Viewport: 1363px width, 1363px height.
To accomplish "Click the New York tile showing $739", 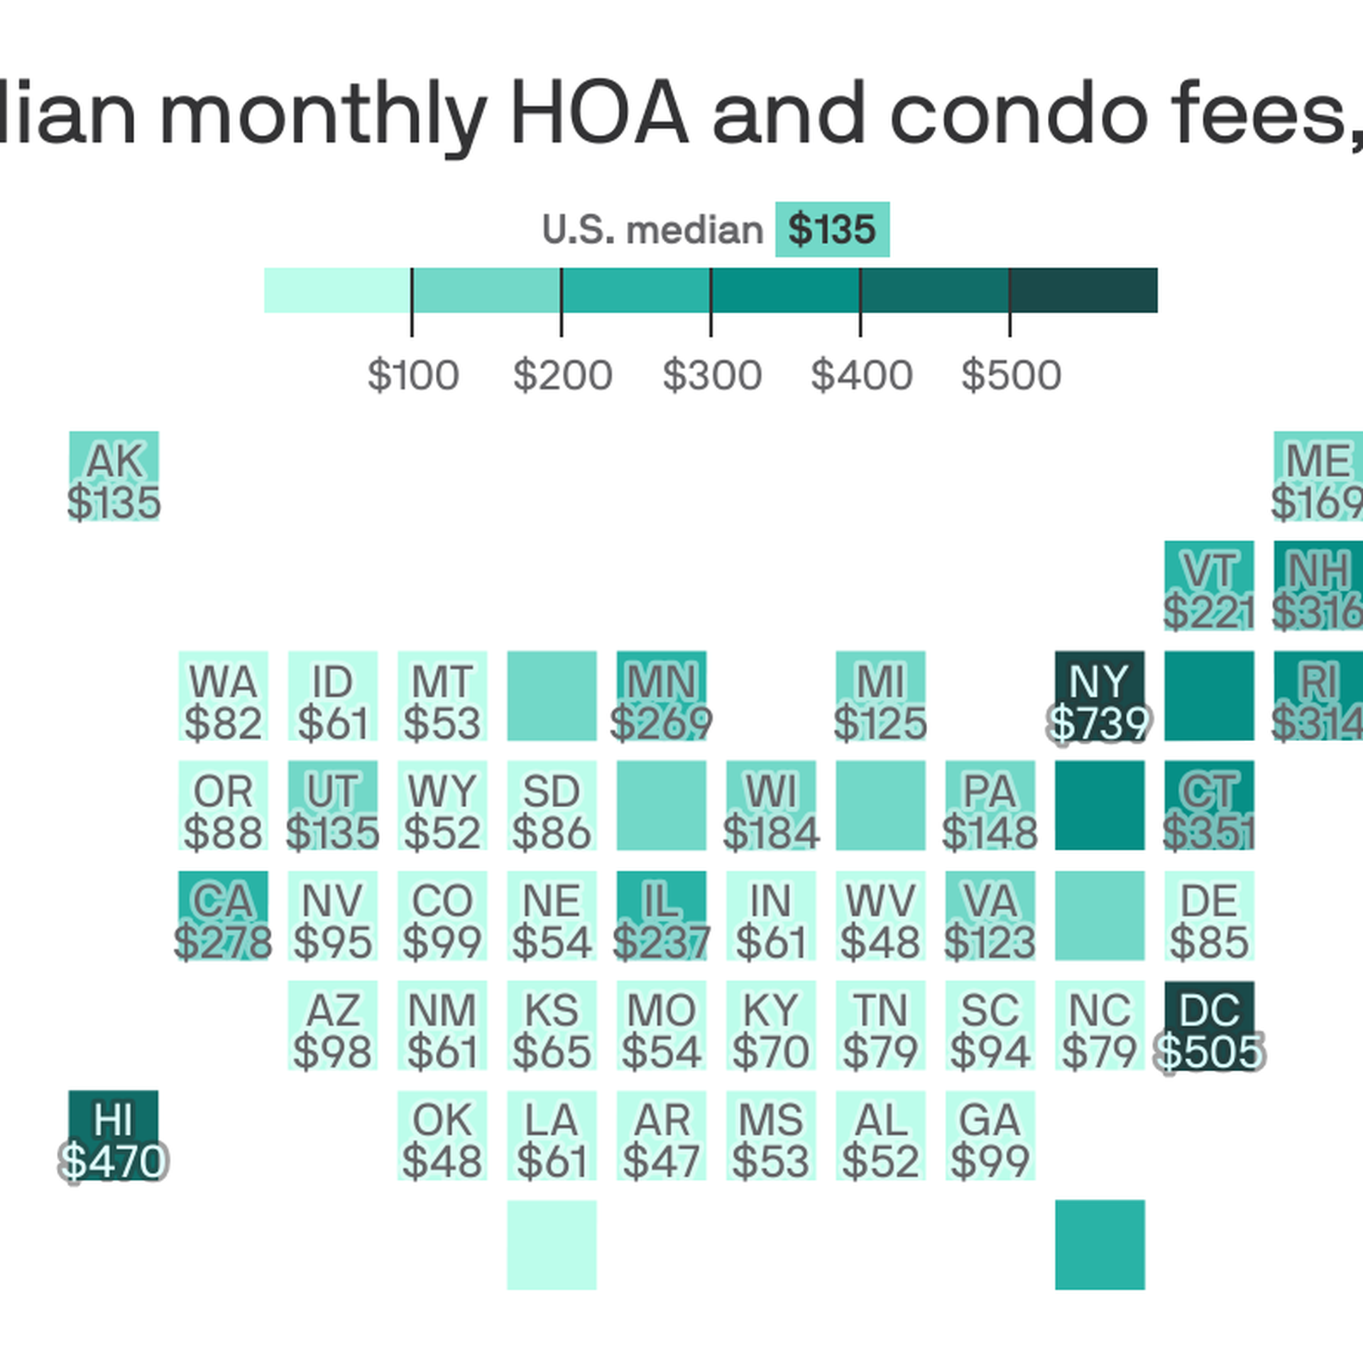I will [x=1099, y=696].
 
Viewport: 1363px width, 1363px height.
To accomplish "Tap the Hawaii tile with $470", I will [x=114, y=1134].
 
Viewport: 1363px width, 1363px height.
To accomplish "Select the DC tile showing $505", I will [x=1209, y=1025].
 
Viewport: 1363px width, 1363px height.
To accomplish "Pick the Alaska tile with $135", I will [x=114, y=476].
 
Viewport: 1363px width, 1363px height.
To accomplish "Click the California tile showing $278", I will [x=223, y=916].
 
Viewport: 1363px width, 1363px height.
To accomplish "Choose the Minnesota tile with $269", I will [x=661, y=696].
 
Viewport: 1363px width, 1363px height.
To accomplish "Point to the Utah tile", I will [x=332, y=806].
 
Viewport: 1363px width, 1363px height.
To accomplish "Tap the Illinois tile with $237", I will [x=661, y=916].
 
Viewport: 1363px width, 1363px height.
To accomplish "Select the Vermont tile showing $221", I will [x=1209, y=586].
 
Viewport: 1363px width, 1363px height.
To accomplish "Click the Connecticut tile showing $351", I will [x=1209, y=806].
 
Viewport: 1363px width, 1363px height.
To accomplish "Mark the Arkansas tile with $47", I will [x=661, y=1134].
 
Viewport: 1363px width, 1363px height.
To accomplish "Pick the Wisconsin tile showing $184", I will [x=771, y=806].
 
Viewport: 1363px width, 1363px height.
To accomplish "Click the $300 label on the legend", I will [x=711, y=375].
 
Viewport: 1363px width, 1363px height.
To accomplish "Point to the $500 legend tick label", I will [x=1011, y=375].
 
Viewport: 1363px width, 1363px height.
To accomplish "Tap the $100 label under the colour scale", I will [x=412, y=375].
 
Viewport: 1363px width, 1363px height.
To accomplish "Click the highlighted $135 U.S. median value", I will [x=832, y=229].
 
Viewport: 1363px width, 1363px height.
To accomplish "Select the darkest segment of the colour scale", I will [x=1083, y=290].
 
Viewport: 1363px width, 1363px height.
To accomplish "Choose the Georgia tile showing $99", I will [x=990, y=1134].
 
